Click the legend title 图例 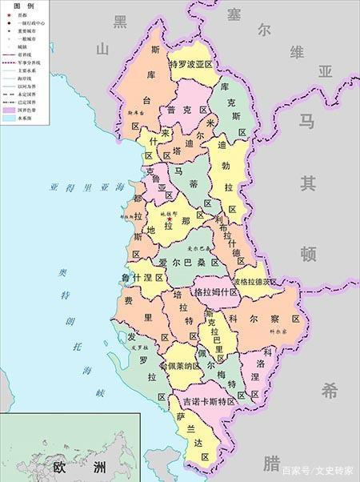[x=23, y=5]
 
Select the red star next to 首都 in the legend [x=10, y=14]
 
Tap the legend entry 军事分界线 [x=31, y=62]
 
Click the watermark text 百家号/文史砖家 [x=317, y=469]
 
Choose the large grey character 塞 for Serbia [x=234, y=14]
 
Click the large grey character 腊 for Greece [x=270, y=463]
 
